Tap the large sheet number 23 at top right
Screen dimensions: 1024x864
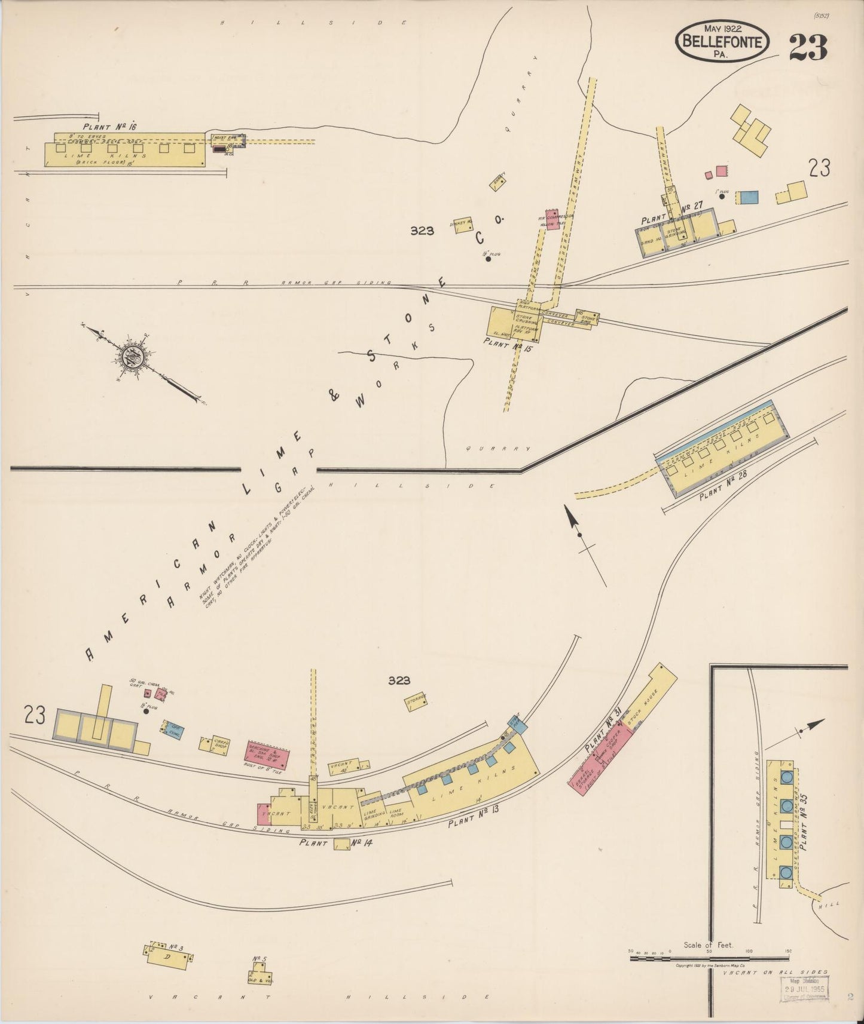click(x=808, y=48)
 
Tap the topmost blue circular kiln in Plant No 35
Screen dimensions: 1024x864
click(x=787, y=777)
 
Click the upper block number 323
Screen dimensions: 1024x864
click(x=422, y=231)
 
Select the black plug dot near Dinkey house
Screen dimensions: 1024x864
click(x=489, y=259)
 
